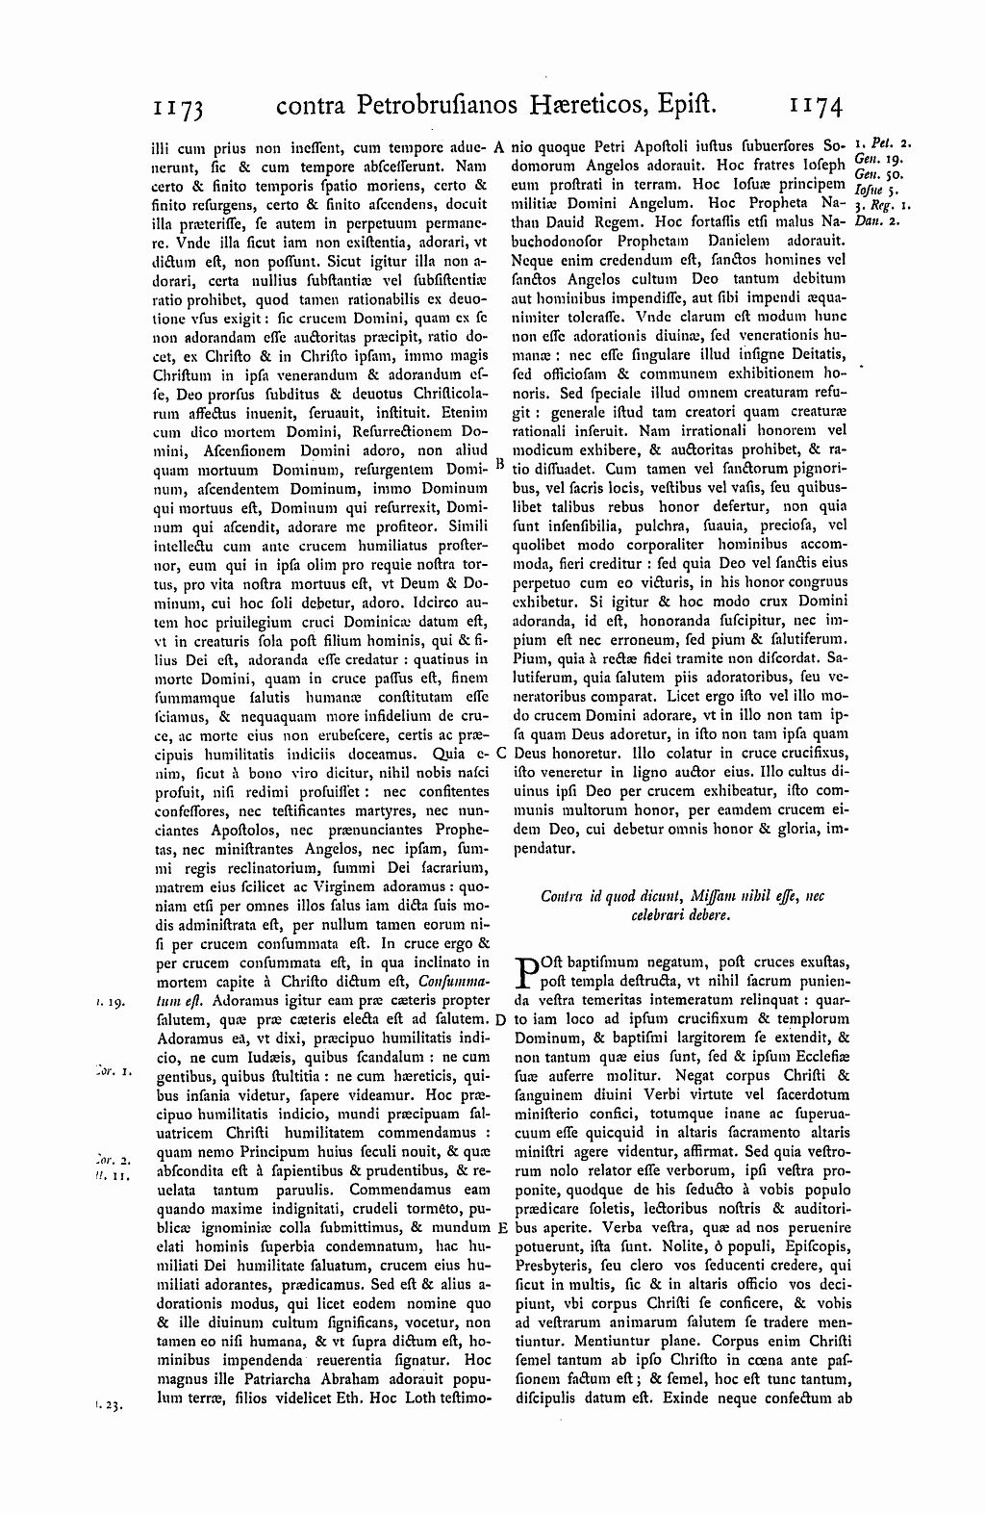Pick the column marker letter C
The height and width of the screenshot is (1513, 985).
pos(501,753)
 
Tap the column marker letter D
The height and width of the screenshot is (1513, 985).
pos(501,1018)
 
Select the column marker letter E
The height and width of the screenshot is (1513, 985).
pos(501,1228)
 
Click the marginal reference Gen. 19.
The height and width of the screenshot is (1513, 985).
pos(873,159)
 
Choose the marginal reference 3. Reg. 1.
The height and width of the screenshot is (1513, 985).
pos(881,205)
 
